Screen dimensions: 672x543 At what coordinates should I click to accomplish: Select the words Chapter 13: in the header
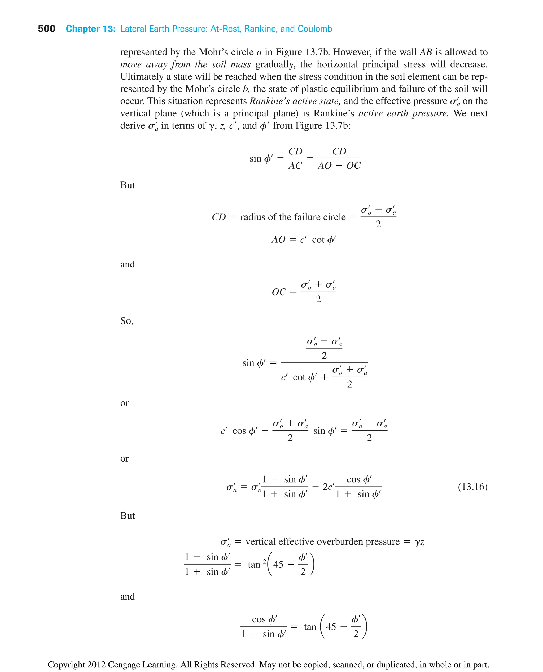click(x=91, y=29)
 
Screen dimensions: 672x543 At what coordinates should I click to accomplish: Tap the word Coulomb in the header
click(x=315, y=29)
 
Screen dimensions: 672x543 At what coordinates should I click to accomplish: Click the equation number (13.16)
click(x=472, y=487)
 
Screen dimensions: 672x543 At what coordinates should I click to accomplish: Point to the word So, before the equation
click(x=127, y=321)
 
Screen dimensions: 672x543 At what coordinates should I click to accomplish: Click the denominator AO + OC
click(x=339, y=166)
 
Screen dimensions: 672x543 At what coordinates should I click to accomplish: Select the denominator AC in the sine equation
click(x=295, y=166)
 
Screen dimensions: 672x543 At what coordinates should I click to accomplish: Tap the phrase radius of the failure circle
click(x=293, y=217)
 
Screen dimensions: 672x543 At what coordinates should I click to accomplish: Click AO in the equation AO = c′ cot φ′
click(x=278, y=240)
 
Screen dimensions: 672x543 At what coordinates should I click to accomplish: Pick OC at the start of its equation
click(x=279, y=292)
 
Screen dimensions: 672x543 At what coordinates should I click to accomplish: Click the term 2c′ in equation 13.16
click(x=329, y=487)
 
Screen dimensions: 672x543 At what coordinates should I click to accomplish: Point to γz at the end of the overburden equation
click(x=419, y=542)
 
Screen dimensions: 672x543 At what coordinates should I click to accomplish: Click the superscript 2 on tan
click(x=265, y=561)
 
